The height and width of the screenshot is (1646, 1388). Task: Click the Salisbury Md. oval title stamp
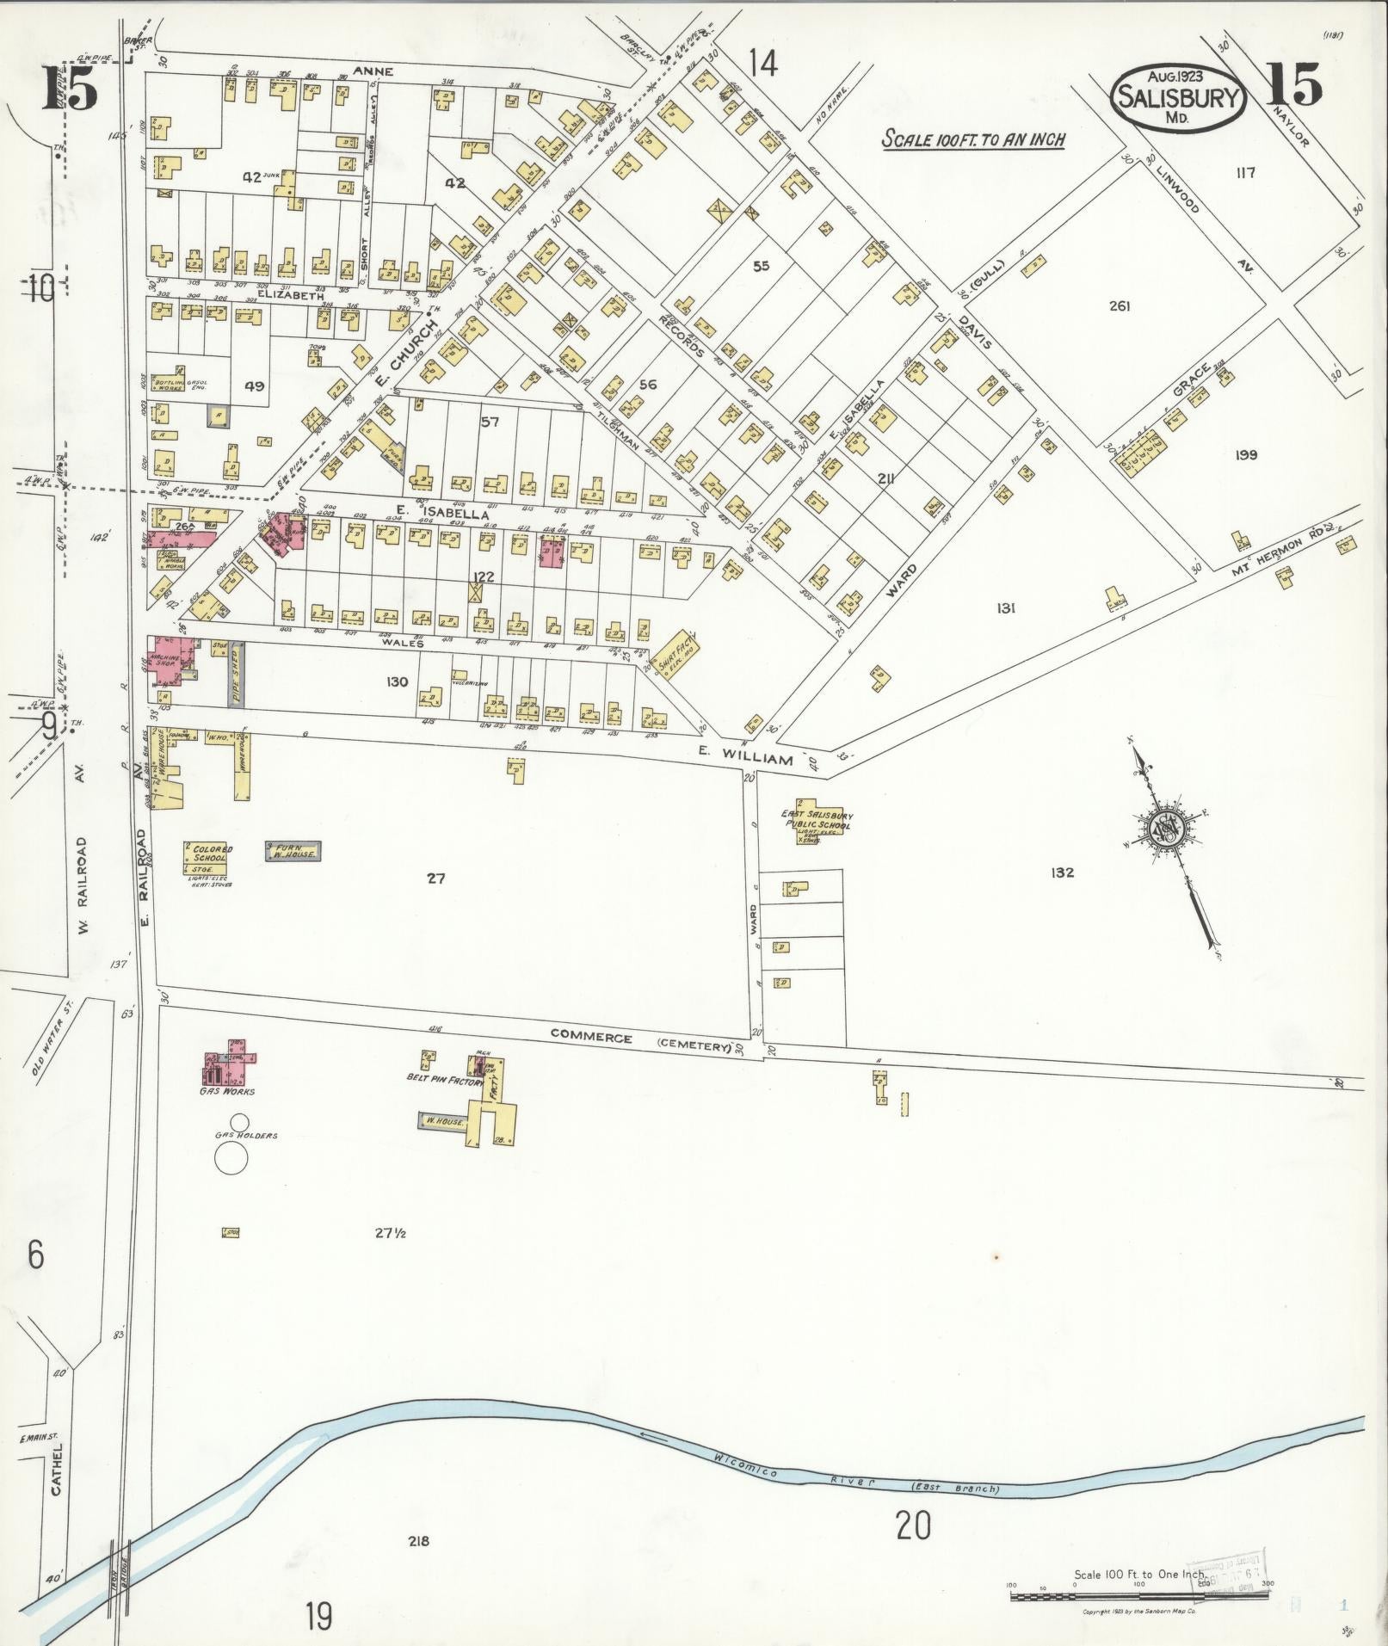(1178, 97)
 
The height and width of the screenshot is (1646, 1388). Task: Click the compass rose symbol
(1168, 830)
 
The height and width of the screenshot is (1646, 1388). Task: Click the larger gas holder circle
(231, 1159)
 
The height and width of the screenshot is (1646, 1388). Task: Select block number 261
(1120, 305)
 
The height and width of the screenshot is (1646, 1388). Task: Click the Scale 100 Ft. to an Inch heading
(973, 139)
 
